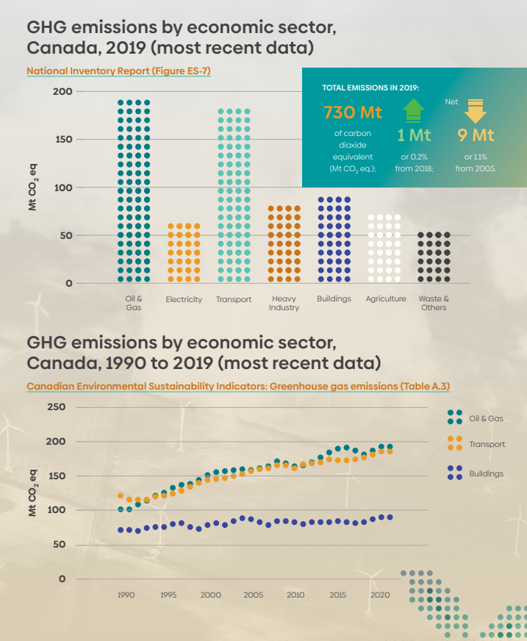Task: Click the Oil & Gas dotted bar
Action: click(134, 191)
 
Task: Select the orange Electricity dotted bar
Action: click(184, 253)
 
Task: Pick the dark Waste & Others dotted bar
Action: click(434, 257)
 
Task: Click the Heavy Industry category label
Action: click(284, 304)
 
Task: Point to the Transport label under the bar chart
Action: click(234, 300)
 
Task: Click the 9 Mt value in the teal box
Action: click(476, 135)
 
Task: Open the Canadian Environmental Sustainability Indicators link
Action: click(237, 386)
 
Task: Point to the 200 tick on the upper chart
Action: click(62, 91)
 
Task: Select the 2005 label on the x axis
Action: click(253, 595)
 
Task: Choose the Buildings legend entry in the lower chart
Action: click(486, 474)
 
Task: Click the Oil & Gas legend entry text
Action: click(486, 418)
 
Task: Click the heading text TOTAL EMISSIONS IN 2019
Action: click(370, 87)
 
